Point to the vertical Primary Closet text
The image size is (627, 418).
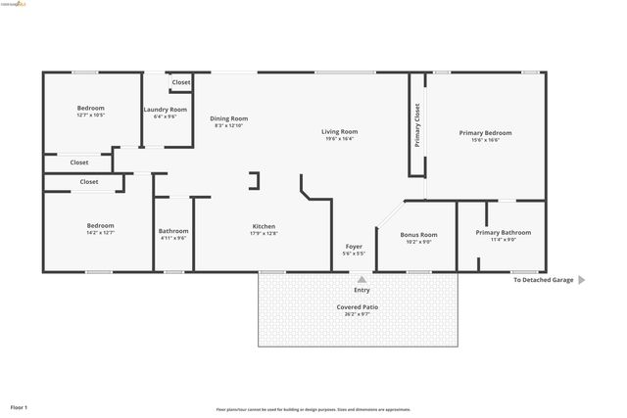tap(417, 125)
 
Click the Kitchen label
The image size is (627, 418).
tap(265, 226)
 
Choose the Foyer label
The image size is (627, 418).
tap(354, 246)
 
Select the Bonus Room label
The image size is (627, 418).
tap(418, 235)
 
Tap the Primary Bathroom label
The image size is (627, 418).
tap(503, 232)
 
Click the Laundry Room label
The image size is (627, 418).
tap(165, 110)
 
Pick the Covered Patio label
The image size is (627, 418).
tap(358, 307)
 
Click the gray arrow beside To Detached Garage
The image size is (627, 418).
tap(582, 280)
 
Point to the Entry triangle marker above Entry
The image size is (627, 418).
tap(362, 278)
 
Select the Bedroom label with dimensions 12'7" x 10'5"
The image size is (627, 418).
tap(90, 108)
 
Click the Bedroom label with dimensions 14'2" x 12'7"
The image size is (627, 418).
tap(100, 226)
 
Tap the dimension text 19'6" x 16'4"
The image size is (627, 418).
tap(340, 139)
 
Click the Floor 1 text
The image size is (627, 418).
tap(19, 406)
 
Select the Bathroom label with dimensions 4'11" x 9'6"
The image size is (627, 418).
tap(173, 231)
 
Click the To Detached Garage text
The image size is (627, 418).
tap(544, 280)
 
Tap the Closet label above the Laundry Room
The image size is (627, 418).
tap(181, 82)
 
